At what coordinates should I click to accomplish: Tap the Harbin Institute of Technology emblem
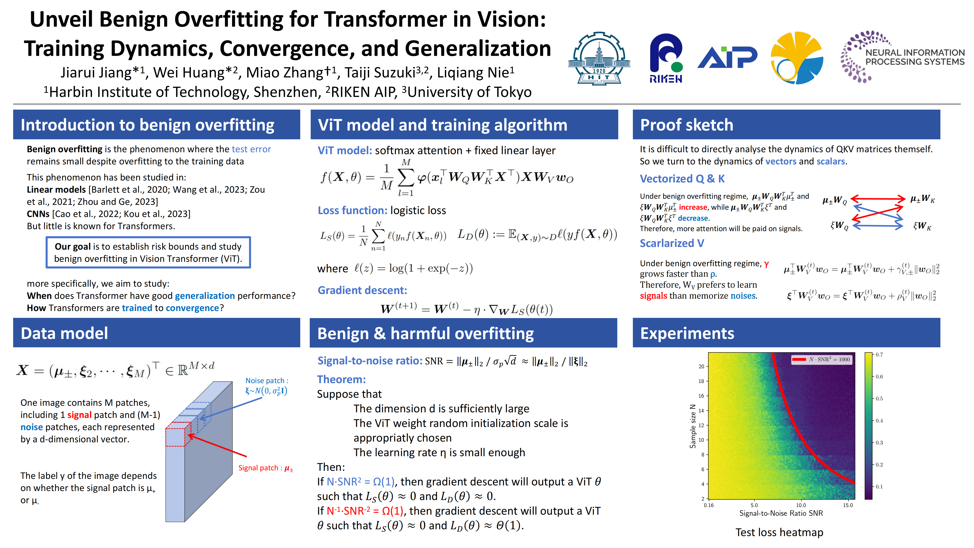(599, 58)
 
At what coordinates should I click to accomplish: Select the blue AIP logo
(727, 57)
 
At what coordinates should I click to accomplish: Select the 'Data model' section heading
(64, 333)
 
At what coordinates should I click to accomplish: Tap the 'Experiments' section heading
(687, 333)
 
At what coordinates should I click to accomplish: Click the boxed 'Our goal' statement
(148, 252)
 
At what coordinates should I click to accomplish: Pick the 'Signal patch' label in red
(265, 468)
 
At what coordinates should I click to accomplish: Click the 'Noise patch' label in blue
(267, 386)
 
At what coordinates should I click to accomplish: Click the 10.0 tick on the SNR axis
(801, 505)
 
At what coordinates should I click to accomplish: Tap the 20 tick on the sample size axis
(701, 366)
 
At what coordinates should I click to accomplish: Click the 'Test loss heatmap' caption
(779, 532)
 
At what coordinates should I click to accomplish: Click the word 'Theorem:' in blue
(341, 379)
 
